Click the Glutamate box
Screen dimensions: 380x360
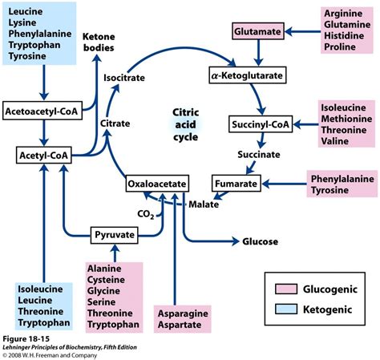click(258, 31)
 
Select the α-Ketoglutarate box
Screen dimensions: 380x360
click(248, 75)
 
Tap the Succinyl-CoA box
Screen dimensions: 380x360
click(261, 124)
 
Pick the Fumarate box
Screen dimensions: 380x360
click(236, 184)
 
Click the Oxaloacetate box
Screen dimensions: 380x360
click(157, 184)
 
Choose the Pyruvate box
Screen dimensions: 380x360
click(115, 235)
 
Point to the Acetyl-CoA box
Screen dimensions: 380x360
click(44, 155)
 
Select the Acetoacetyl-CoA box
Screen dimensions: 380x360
click(42, 111)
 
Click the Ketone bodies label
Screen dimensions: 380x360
click(99, 42)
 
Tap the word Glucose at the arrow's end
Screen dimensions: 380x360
click(260, 241)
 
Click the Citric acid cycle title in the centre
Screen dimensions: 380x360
click(185, 124)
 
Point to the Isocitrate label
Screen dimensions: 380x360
click(124, 78)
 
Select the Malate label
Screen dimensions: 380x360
click(204, 204)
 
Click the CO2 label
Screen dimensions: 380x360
click(146, 214)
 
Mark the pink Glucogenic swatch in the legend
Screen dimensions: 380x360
click(286, 289)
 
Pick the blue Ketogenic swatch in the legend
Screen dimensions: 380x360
click(286, 309)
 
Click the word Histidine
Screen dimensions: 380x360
click(344, 35)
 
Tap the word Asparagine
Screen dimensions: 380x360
click(183, 313)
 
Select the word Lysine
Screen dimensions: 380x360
click(22, 22)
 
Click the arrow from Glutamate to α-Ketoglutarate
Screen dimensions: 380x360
click(258, 53)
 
